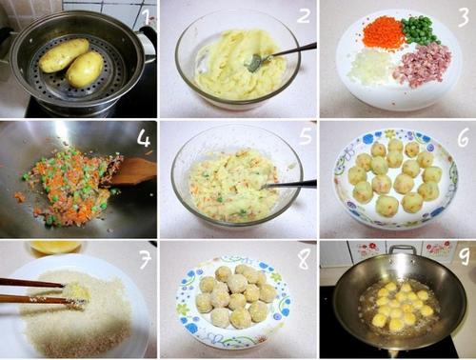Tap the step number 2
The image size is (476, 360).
point(304,15)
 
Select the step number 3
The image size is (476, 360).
point(464,16)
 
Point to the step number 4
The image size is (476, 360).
point(144,138)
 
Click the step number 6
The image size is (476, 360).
point(463,138)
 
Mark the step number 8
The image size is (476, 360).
point(304,259)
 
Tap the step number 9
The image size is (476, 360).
point(465,256)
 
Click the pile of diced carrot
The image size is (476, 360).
point(384,33)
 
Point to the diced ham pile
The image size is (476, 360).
point(422,65)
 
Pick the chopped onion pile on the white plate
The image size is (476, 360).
point(368,68)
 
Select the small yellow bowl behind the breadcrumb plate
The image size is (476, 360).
point(55,248)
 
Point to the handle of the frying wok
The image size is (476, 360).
point(403,250)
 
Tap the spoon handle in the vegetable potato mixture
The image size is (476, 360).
point(289,184)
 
